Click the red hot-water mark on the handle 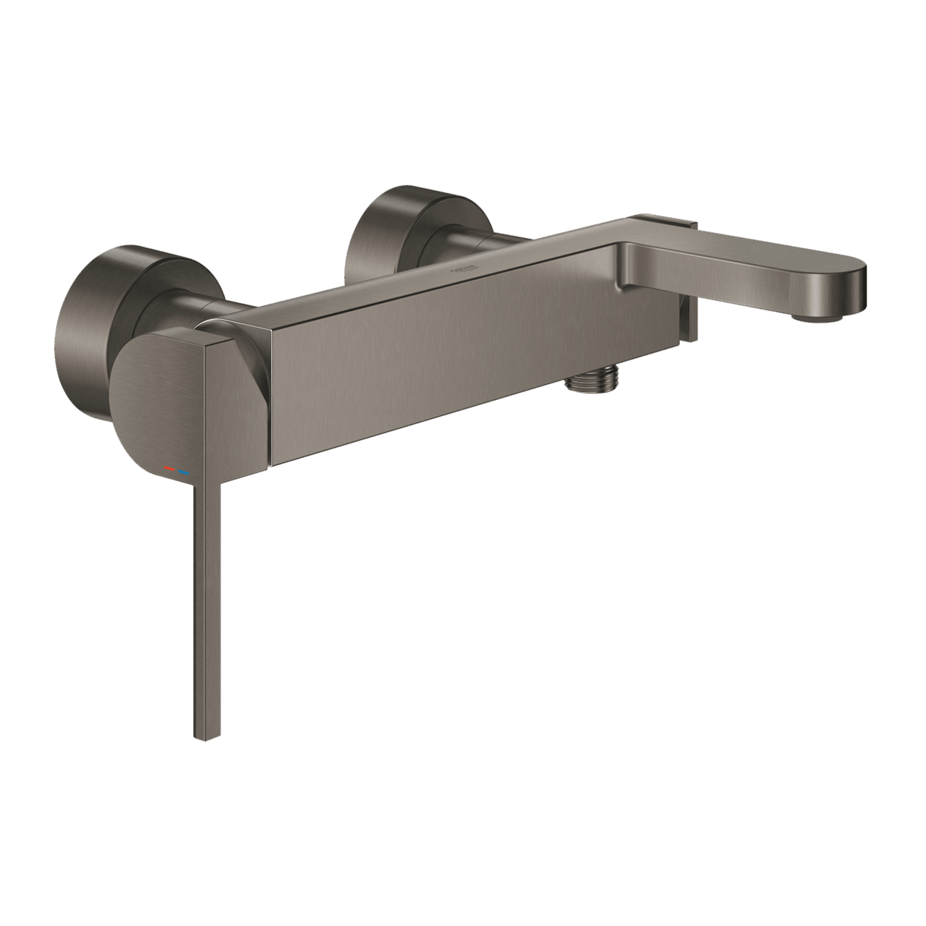[x=170, y=470]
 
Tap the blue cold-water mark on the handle [x=185, y=473]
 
